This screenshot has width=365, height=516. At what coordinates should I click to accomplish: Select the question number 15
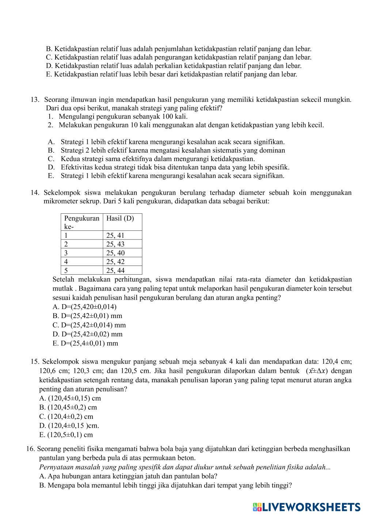[35, 362]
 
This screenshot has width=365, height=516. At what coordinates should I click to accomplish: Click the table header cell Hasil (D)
[120, 218]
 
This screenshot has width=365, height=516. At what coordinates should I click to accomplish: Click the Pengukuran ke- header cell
[81, 222]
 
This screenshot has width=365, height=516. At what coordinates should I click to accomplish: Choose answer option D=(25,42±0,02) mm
[88, 334]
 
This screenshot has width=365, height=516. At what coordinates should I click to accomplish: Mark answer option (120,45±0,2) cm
[68, 408]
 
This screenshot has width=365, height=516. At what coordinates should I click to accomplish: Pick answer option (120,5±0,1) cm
[66, 435]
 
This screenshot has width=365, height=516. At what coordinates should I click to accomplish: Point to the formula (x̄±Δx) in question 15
[317, 371]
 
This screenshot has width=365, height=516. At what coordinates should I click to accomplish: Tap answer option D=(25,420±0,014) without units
[85, 307]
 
